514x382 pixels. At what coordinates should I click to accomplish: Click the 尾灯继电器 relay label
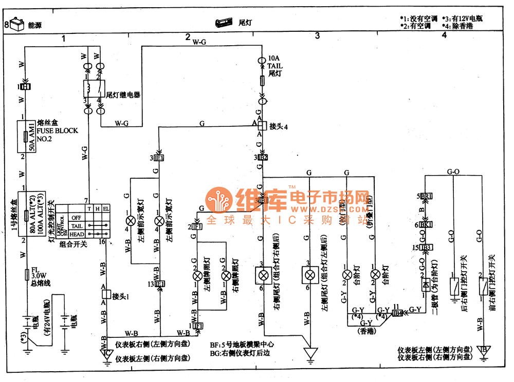123,95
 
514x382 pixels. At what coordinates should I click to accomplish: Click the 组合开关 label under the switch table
74,244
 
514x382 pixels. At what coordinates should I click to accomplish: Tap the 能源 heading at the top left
28,24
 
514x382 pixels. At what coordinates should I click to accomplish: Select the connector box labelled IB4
397,312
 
